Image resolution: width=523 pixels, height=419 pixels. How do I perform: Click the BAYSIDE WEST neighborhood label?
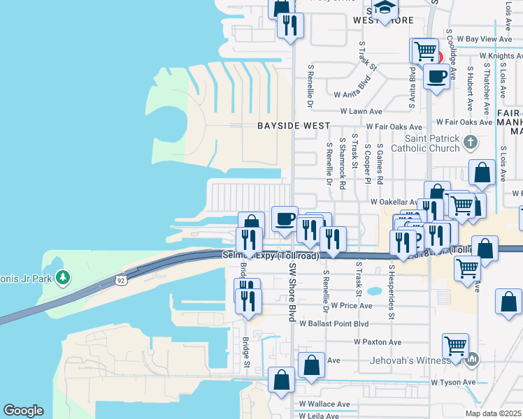[x=293, y=126]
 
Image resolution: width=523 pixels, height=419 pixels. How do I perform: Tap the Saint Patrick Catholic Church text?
[x=432, y=143]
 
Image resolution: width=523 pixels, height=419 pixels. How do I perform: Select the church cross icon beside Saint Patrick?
[x=471, y=142]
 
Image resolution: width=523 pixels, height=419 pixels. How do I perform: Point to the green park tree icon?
[x=64, y=277]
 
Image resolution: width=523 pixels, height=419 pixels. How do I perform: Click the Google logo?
[x=23, y=411]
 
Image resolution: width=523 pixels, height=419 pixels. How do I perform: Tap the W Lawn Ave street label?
[x=361, y=111]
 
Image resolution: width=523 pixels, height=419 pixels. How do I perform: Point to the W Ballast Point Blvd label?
[x=334, y=323]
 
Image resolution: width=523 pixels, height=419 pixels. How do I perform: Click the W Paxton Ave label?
[x=378, y=342]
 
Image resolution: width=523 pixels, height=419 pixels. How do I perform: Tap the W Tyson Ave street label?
[x=453, y=382]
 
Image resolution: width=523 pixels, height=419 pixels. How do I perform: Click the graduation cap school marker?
[x=384, y=8]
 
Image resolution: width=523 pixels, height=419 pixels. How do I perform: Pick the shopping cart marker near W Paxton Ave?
[x=455, y=345]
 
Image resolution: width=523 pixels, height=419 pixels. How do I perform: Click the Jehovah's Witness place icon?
[x=473, y=360]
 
